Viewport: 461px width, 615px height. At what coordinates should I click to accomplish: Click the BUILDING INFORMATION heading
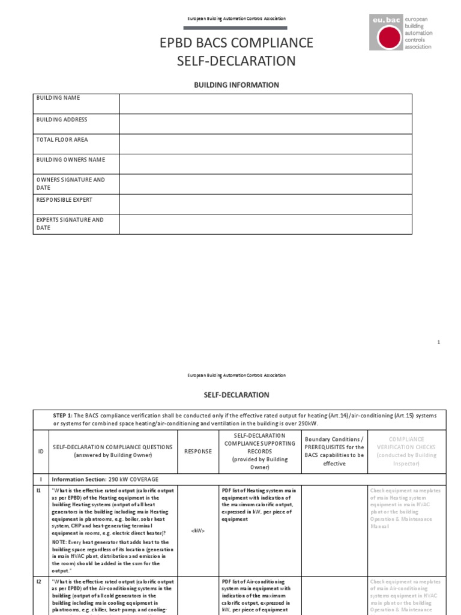pyautogui.click(x=236, y=85)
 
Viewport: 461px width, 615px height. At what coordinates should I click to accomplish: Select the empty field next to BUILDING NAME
pyautogui.click(x=265, y=103)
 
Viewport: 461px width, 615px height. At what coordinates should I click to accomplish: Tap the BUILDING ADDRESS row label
pyautogui.click(x=62, y=120)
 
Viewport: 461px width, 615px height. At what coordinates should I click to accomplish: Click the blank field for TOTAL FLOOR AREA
pyautogui.click(x=265, y=144)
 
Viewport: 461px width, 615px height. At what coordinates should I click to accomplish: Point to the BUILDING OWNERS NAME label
pyautogui.click(x=70, y=160)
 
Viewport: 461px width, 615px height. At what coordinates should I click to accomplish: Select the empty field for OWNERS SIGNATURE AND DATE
pyautogui.click(x=265, y=184)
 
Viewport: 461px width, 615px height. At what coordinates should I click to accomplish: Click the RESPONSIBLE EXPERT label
pyautogui.click(x=64, y=199)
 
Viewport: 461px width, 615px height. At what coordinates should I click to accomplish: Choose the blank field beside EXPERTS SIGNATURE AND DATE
pyautogui.click(x=265, y=224)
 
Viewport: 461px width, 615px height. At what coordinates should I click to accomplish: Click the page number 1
pyautogui.click(x=438, y=342)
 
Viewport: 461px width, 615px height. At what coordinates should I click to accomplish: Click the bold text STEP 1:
pyautogui.click(x=63, y=416)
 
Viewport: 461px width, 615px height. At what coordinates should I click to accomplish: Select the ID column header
pyautogui.click(x=40, y=451)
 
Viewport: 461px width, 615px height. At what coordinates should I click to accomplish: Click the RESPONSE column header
pyautogui.click(x=197, y=451)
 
